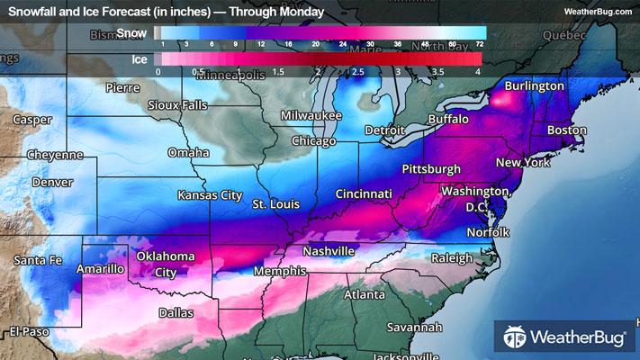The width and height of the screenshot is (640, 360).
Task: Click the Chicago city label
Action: tap(313, 141)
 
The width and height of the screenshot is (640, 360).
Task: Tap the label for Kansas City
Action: tap(210, 194)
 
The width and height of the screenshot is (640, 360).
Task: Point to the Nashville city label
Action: tap(329, 251)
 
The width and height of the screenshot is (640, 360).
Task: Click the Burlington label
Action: tap(534, 85)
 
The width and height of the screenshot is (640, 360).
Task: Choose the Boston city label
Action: tap(567, 130)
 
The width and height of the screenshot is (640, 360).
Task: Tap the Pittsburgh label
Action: tap(431, 168)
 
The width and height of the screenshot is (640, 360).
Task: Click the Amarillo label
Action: tap(99, 268)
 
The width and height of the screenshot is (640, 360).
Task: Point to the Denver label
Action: tap(52, 182)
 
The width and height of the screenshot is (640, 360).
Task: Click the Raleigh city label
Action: tap(452, 258)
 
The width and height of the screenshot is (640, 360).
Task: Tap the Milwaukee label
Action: tap(311, 116)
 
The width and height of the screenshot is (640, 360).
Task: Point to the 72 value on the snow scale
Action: tap(480, 43)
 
